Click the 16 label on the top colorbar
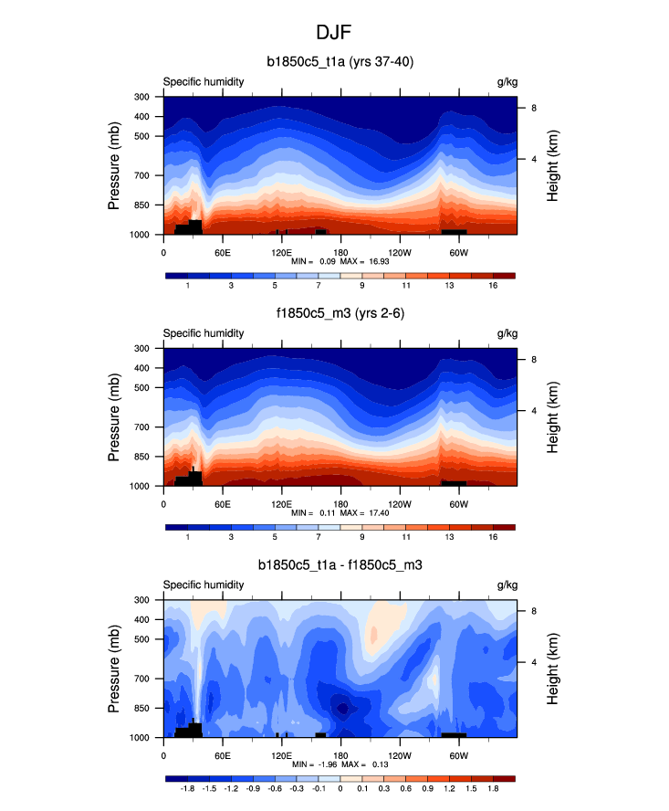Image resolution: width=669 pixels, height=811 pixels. tap(493, 287)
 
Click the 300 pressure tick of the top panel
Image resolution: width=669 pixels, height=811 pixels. tap(141, 97)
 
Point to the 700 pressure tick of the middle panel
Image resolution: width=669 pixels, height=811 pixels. tap(141, 427)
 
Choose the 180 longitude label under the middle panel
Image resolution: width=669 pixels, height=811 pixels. tap(340, 503)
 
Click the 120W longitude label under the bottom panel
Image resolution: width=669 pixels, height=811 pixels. tap(399, 755)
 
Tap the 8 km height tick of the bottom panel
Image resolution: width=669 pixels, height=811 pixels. tap(533, 611)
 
